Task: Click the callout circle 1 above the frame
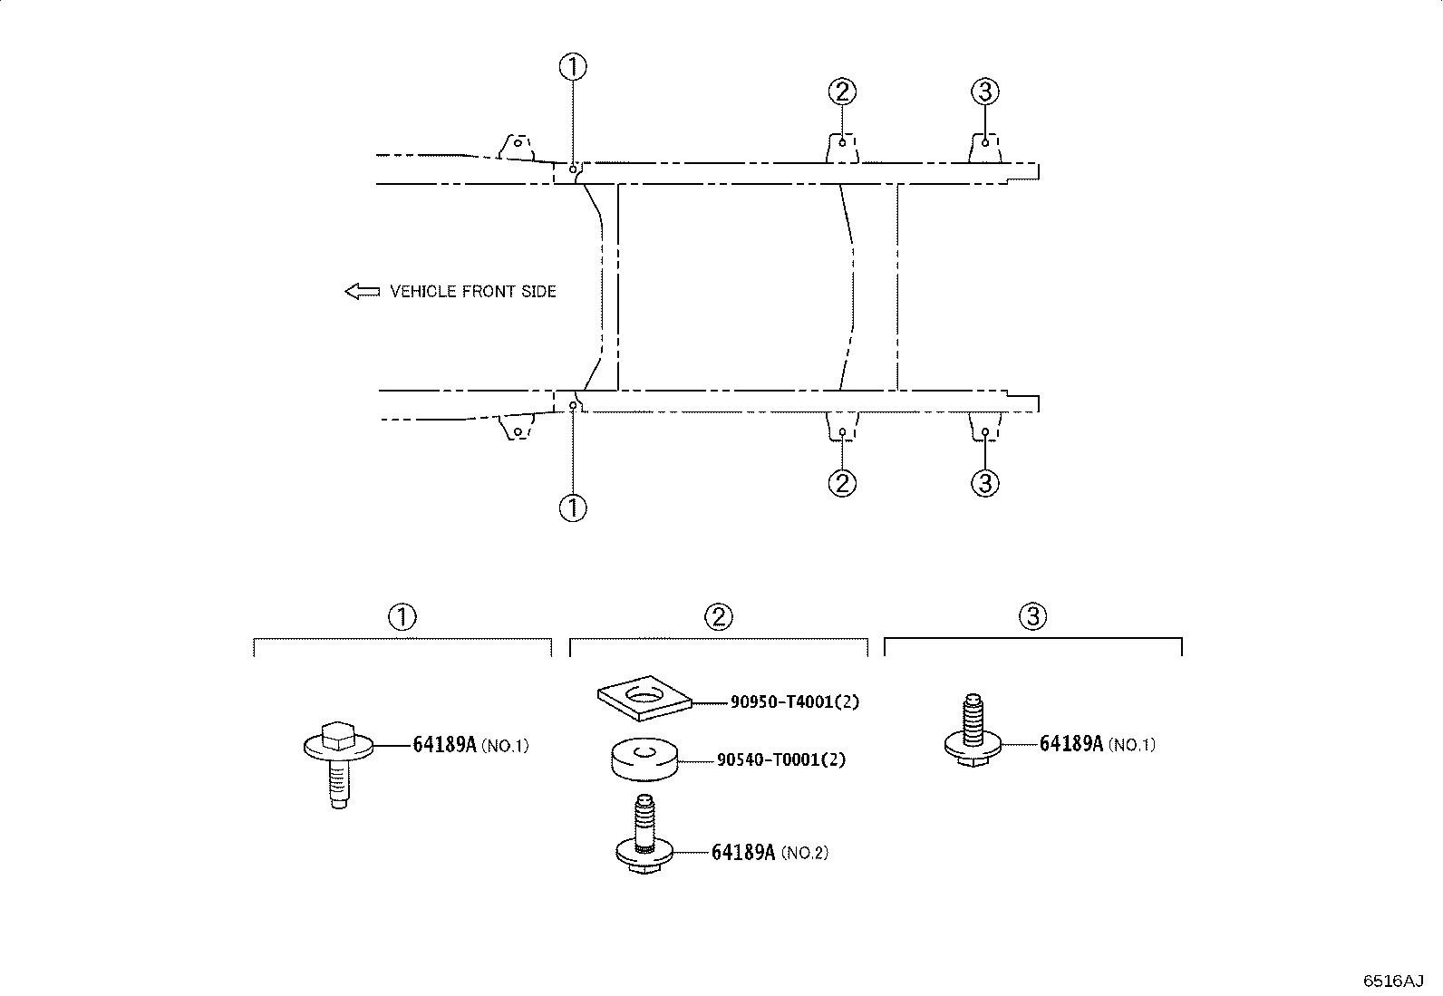pos(573,67)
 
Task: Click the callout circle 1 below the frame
pos(573,508)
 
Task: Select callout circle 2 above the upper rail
pos(842,92)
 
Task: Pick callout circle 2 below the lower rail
pos(842,483)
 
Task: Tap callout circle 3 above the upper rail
pos(985,92)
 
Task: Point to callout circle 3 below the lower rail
pos(985,483)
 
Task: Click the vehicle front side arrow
pos(362,292)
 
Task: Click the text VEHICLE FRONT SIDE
pos(473,292)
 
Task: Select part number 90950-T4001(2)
pos(795,701)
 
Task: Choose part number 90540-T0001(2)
pos(781,759)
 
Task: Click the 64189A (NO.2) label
pos(770,852)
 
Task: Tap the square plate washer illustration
pos(644,698)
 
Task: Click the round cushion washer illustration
pos(644,759)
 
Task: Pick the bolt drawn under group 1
pos(338,764)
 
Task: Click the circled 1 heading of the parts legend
pos(402,616)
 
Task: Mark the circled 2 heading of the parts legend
pos(718,616)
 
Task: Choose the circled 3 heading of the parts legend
pos(1032,616)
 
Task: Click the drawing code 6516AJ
pos(1393,981)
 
